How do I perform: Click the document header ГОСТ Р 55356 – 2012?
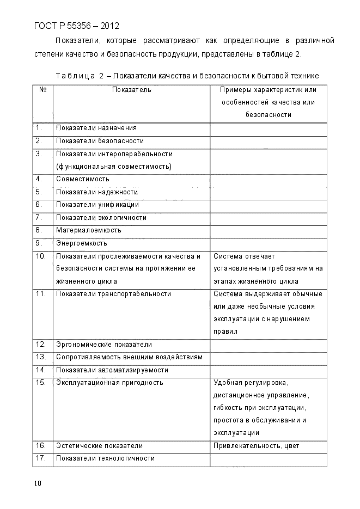coord(76,26)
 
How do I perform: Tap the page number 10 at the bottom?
coord(37,483)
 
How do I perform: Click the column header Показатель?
coord(131,89)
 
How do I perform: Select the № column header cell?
coord(42,89)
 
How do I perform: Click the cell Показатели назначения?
coord(96,128)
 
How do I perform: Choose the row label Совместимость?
coord(83,179)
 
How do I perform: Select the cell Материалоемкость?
coord(89,230)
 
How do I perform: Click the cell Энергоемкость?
coord(82,243)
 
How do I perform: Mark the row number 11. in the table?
coord(40,294)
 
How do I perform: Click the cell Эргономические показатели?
coord(104,345)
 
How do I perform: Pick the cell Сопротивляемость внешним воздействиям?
coord(129,357)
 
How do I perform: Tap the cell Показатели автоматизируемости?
coord(112,370)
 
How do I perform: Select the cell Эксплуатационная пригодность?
coord(109,383)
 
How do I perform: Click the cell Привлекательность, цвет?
coord(256,446)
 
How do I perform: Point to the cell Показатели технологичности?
coord(105,458)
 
